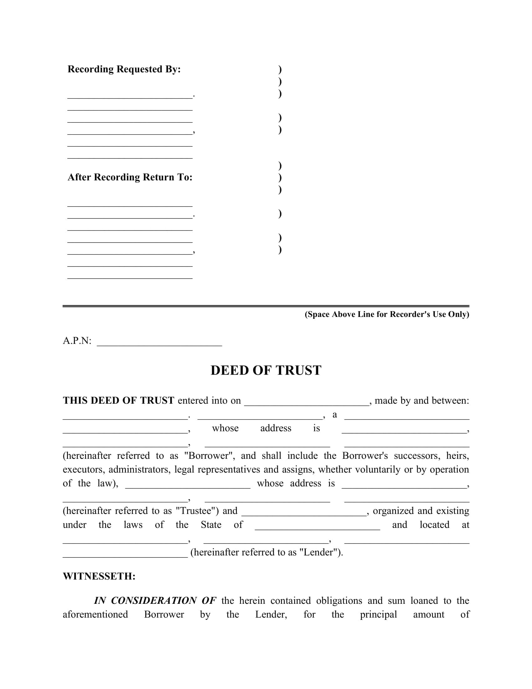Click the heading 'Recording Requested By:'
pos(124,69)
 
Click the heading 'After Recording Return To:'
pos(130,177)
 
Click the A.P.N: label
pos(77,341)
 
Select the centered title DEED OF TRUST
pos(266,370)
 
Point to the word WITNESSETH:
pos(99,576)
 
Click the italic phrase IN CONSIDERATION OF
pos(155,601)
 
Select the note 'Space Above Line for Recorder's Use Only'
pos(387,314)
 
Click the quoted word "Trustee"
pos(197,511)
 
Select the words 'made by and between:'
pos(422,401)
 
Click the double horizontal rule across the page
pos(266,306)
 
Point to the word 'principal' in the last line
pos(378,614)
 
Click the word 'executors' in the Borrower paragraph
pos(83,470)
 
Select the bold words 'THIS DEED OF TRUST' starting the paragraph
pos(118,401)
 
